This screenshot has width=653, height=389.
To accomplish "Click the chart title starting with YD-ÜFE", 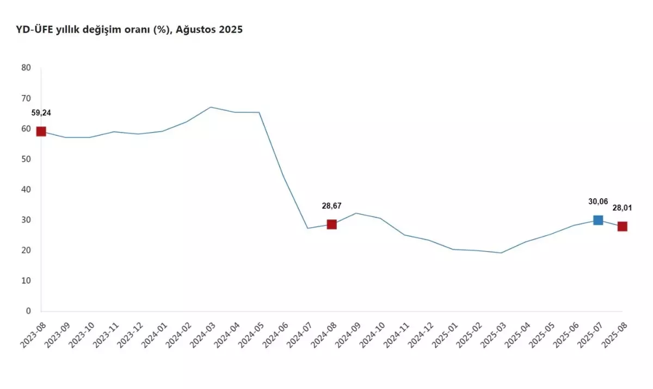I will [130, 30].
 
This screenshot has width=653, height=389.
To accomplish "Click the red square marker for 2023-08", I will [41, 131].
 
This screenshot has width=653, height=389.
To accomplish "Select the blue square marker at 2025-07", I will [598, 220].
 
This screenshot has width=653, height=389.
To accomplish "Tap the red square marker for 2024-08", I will [332, 224].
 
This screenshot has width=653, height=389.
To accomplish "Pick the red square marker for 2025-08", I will [622, 227].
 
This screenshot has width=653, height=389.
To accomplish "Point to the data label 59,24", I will [41, 113].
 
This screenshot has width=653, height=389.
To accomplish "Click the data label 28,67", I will [332, 206].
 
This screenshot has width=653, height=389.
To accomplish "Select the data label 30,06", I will [598, 202].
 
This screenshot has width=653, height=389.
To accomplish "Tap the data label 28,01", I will [622, 208].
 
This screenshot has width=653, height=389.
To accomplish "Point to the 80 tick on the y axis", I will [26, 68].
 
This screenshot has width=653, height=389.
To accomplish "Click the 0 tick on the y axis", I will [29, 311].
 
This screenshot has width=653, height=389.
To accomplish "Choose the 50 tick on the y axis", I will [26, 159].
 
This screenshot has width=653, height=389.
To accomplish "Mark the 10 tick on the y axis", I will [26, 281].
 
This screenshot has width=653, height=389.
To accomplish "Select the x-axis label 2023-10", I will [80, 337].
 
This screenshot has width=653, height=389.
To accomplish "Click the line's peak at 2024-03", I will [211, 107].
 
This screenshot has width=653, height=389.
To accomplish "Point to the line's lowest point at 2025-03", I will [501, 253].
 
